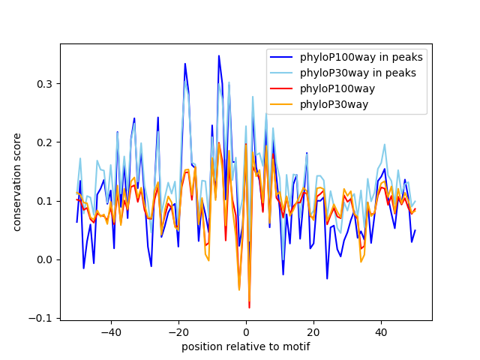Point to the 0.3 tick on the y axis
[x=46, y=83]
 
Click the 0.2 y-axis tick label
[x=46, y=142]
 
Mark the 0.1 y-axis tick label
[x=46, y=201]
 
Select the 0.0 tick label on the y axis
[x=46, y=259]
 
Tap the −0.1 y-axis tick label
[x=43, y=319]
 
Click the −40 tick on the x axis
[x=110, y=332]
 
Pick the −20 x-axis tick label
[x=178, y=332]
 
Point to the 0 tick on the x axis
[x=246, y=332]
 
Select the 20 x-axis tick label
[x=313, y=332]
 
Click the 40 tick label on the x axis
[x=381, y=332]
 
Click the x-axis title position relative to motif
[x=245, y=346]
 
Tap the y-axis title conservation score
[x=16, y=181]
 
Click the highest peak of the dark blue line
[x=219, y=55]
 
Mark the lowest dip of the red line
[x=249, y=307]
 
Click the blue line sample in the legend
[x=283, y=58]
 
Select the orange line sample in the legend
[x=283, y=104]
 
